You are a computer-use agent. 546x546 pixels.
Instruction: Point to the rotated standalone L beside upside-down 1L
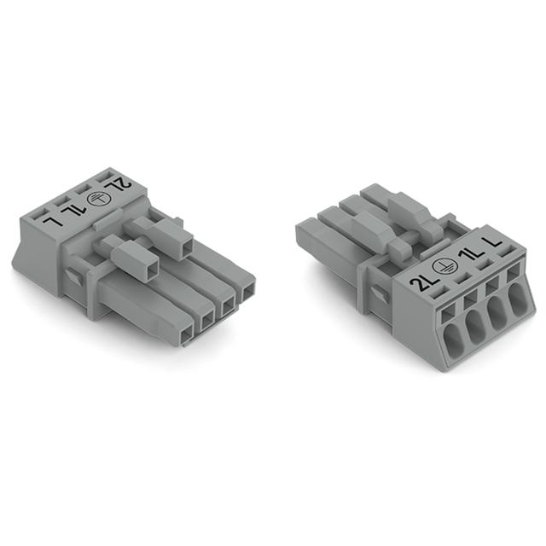(51, 221)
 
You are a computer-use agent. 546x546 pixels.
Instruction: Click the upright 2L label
(421, 283)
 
